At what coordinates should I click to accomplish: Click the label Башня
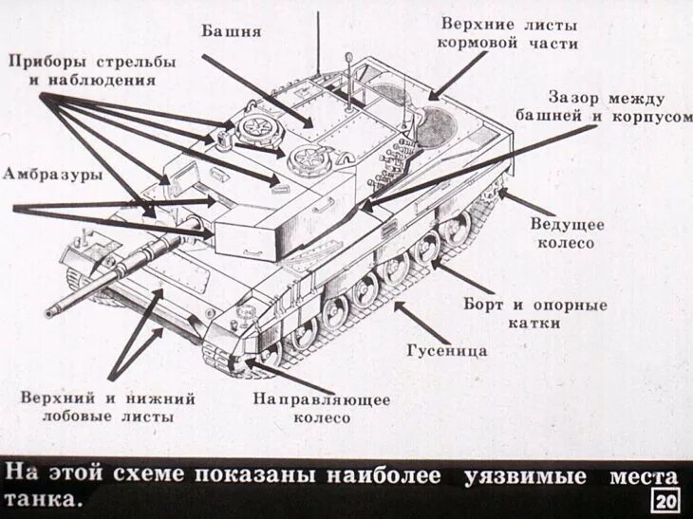click(x=231, y=29)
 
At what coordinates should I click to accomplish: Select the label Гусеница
click(x=446, y=350)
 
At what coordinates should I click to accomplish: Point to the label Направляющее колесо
click(x=321, y=408)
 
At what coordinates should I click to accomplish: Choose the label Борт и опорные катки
click(x=534, y=314)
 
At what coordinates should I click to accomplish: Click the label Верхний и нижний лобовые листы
click(x=108, y=408)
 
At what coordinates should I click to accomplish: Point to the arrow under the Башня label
click(x=256, y=90)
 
